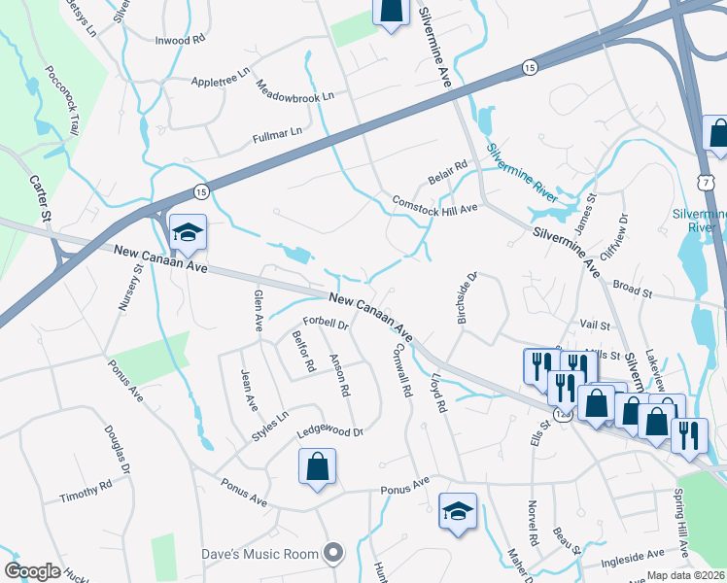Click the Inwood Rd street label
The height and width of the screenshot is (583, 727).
coord(181,40)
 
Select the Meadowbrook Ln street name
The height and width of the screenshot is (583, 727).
coord(295,97)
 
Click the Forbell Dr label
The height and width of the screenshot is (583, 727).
coord(325,323)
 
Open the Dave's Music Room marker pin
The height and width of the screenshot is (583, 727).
coord(334,553)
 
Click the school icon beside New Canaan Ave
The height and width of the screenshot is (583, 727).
coord(188,232)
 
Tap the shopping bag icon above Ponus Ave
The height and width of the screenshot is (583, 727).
coord(317,466)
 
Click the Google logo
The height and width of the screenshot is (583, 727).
coord(33,571)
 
